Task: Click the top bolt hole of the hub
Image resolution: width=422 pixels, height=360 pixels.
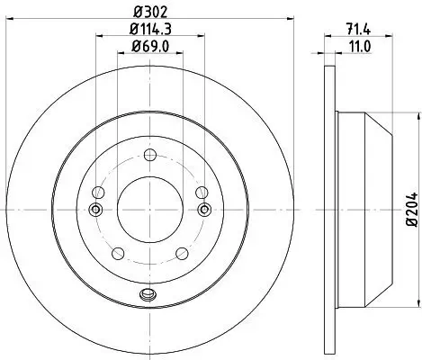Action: tap(149, 154)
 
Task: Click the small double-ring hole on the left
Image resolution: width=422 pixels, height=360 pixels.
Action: tap(95, 210)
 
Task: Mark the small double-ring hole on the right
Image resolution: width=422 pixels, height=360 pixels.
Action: tap(204, 210)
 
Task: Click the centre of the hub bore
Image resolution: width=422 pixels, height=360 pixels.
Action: tap(149, 210)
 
